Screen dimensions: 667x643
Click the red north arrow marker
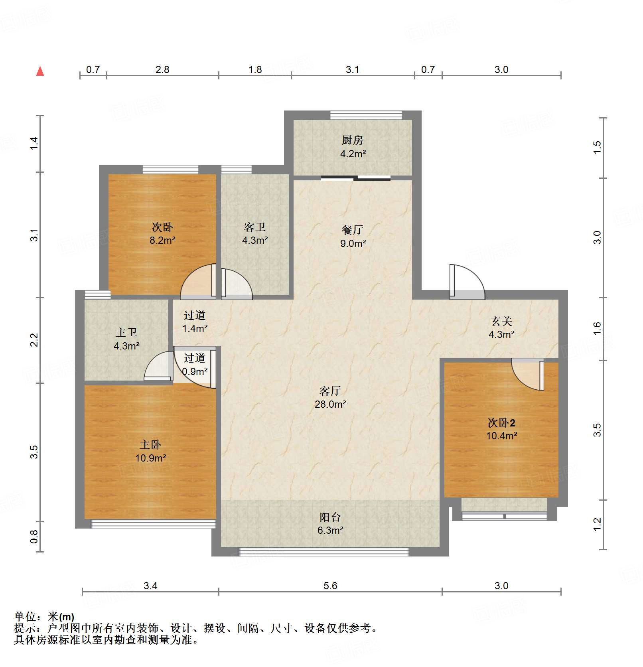(x=40, y=71)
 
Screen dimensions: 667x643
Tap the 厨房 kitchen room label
(x=353, y=140)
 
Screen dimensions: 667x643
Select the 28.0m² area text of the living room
(x=330, y=404)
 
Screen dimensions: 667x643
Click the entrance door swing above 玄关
(x=467, y=282)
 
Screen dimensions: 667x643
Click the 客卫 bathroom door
(x=237, y=284)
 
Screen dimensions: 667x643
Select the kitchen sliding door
(x=355, y=178)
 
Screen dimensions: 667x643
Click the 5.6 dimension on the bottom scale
(x=330, y=586)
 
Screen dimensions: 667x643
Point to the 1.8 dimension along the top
(x=255, y=69)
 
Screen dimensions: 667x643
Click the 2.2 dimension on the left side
(x=34, y=340)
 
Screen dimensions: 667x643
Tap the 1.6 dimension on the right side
(x=597, y=328)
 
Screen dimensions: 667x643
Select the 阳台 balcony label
(x=330, y=517)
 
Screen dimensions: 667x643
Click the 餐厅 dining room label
(x=353, y=230)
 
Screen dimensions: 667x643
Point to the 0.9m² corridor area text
(x=195, y=371)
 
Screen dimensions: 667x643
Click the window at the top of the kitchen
(x=366, y=115)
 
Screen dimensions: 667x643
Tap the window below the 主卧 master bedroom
(x=154, y=524)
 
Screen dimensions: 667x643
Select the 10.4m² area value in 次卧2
(x=501, y=436)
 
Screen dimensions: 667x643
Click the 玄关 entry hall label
(x=501, y=321)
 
